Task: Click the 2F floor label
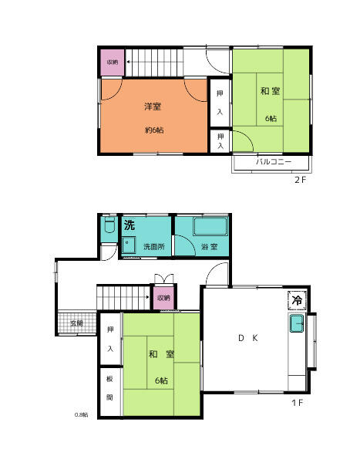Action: pos(301,180)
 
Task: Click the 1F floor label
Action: pos(297,403)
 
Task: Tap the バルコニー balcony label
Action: pos(274,161)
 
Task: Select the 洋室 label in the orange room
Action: pos(153,106)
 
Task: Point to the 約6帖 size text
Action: pos(154,130)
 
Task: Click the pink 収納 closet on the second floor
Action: pos(113,63)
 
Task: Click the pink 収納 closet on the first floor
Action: pos(163,298)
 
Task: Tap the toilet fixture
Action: pos(109,225)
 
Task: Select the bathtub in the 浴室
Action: pos(210,226)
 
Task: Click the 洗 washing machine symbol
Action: pos(130,225)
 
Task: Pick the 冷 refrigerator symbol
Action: pos(297,300)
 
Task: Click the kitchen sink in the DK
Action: pos(297,323)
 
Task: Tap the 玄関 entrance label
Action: pos(77,323)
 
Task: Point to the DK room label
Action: pos(248,338)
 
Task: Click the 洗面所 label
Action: pos(154,246)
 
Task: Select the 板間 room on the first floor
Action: pos(110,391)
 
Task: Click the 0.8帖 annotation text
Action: pos(81,414)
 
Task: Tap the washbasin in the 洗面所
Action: pos(129,245)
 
